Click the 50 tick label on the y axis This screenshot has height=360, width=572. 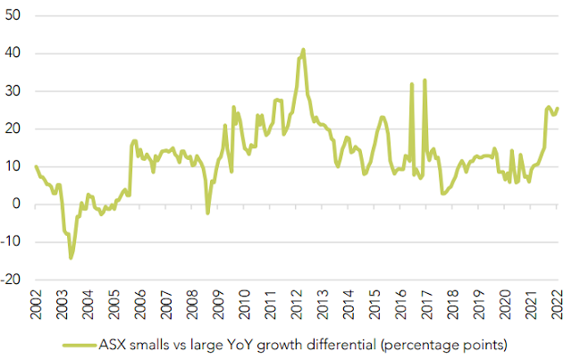coord(13,16)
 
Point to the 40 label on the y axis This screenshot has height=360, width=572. coord(13,54)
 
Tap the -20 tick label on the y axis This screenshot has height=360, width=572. coord(11,279)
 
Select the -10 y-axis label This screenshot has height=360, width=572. coord(11,241)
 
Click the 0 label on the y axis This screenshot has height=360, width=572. coord(18,204)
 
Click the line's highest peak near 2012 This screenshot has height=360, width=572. coord(304,49)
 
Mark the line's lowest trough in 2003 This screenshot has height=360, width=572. coord(71,258)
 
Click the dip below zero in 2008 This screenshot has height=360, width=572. coord(207,213)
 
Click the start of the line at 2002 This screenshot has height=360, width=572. coord(36,166)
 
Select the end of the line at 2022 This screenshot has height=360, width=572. coord(559,109)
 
